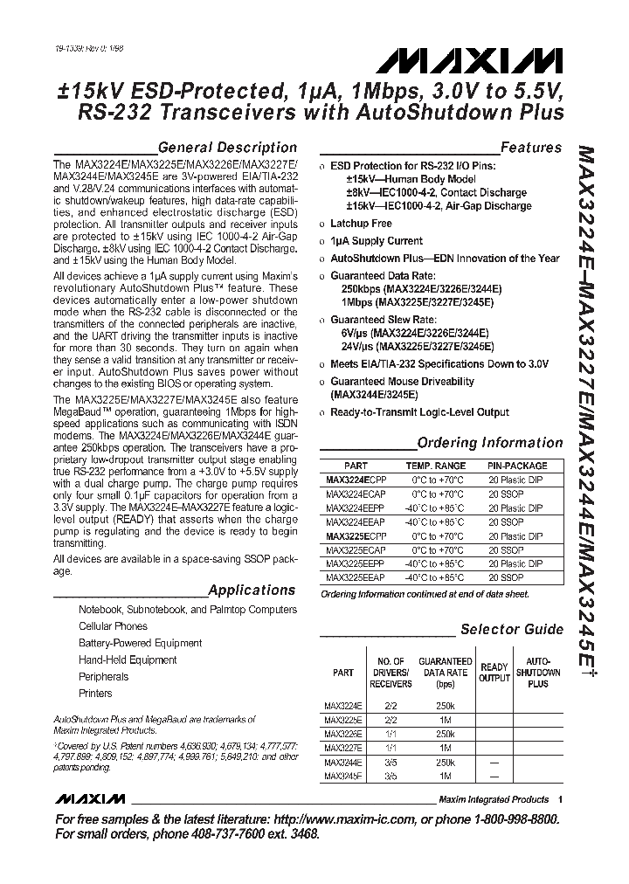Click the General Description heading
point(227,148)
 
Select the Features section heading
point(530,148)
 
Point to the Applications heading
point(252,590)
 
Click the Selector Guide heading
point(512,629)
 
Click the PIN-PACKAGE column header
point(517,466)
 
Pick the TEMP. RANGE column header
point(436,466)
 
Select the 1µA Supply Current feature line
point(376,240)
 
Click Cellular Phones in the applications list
point(113,626)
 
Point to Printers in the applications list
point(95,694)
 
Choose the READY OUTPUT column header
point(494,673)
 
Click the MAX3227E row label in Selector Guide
point(343,748)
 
